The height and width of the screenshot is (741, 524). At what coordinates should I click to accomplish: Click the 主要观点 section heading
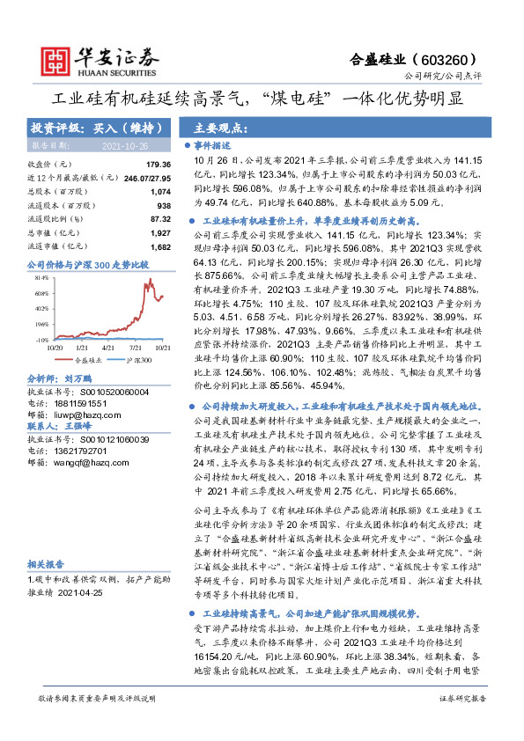217,126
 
